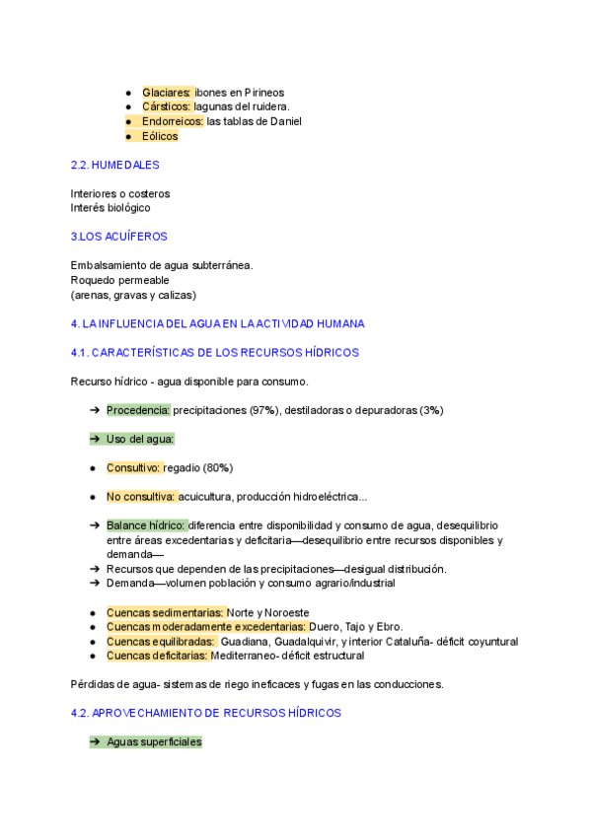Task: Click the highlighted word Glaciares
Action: (167, 92)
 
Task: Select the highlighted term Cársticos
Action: (167, 106)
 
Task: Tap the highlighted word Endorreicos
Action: (173, 121)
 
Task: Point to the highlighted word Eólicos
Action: (160, 136)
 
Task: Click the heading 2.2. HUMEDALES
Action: (114, 165)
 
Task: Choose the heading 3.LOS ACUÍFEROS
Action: (119, 237)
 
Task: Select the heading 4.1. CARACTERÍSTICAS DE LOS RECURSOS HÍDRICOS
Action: (215, 352)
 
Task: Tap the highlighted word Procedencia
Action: (138, 410)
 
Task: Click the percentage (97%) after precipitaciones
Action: (263, 410)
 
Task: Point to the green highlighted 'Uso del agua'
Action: (140, 439)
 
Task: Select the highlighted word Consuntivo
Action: (133, 467)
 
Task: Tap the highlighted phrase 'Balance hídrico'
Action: (146, 525)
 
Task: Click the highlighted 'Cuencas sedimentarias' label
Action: (166, 612)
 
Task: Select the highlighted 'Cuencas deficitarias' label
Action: (157, 656)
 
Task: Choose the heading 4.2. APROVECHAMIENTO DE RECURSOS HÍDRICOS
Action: (206, 712)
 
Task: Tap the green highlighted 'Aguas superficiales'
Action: (153, 741)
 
